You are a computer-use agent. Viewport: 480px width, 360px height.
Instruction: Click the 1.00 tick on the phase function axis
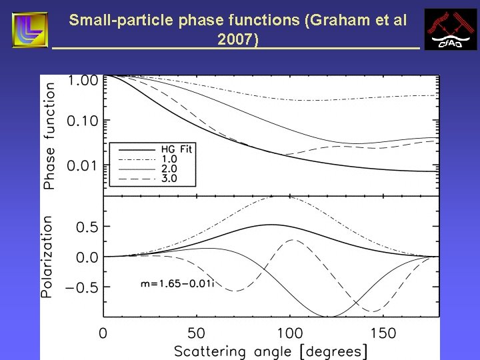point(82,81)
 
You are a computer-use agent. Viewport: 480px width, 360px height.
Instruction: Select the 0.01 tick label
point(82,165)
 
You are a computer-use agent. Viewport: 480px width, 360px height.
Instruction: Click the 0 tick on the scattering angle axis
point(103,332)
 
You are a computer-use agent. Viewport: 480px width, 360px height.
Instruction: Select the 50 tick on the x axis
point(196,332)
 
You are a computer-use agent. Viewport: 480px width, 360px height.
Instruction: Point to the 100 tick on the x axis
point(289,332)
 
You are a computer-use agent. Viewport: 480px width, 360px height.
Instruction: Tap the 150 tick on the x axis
point(383,332)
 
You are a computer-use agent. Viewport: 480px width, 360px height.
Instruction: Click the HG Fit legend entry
point(177,149)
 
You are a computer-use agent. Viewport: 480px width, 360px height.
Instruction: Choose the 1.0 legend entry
point(169,160)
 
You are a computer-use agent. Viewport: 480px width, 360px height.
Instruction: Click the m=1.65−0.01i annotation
point(176,283)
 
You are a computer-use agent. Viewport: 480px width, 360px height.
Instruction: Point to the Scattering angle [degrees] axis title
point(271,351)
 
